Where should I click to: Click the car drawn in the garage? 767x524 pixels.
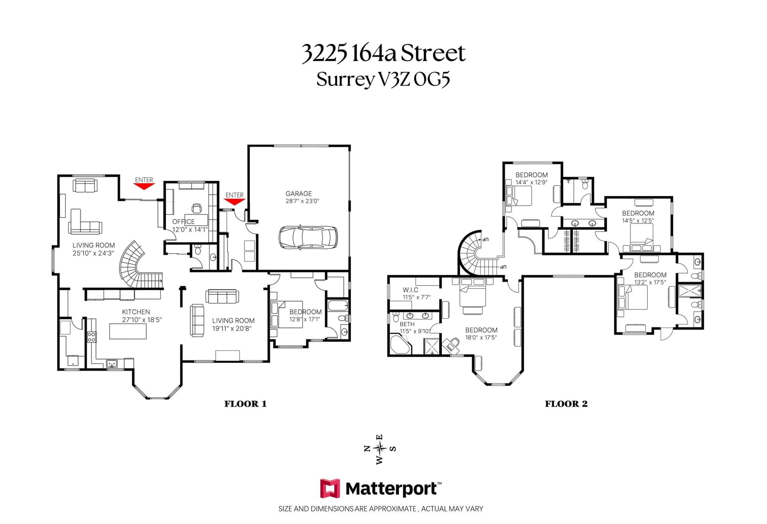click(308, 237)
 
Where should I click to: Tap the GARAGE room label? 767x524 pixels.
click(299, 194)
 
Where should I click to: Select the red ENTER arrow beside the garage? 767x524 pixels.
click(234, 202)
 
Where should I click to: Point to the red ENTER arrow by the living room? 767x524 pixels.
click(144, 186)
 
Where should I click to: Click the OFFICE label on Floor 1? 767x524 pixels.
click(184, 221)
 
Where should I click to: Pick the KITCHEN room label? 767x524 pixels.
click(136, 312)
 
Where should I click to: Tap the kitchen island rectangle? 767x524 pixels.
click(128, 331)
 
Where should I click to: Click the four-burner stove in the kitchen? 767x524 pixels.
click(92, 337)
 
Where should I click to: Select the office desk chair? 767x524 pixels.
click(197, 208)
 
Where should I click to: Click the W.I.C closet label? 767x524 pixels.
click(410, 290)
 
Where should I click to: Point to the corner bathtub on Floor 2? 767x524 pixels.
click(400, 345)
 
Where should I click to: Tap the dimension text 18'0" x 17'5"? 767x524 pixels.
click(481, 338)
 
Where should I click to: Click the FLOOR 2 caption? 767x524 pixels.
click(566, 404)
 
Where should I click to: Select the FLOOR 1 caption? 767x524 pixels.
click(245, 404)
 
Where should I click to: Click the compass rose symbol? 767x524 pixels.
click(380, 448)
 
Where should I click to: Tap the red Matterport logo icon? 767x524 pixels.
click(330, 488)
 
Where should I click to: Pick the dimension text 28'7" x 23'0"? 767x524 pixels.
click(302, 201)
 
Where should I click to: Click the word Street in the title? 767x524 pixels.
click(433, 54)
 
